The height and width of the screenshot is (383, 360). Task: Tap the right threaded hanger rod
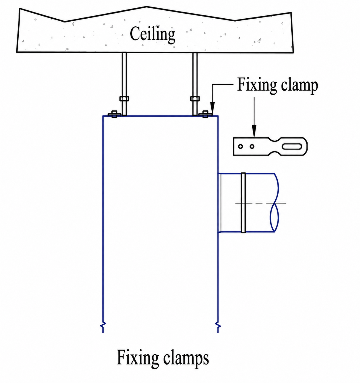(x=195, y=84)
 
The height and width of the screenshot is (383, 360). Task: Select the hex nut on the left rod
(x=124, y=99)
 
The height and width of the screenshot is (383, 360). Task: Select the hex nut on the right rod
(x=195, y=99)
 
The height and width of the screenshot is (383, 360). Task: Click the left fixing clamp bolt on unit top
(x=114, y=114)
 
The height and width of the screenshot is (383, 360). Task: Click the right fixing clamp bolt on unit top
(x=205, y=114)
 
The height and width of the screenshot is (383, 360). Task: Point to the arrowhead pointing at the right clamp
(x=212, y=108)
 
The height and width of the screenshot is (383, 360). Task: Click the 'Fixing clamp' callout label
(x=277, y=85)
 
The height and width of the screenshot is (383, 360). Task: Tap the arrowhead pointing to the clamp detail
(x=254, y=131)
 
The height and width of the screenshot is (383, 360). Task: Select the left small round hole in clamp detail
(x=240, y=147)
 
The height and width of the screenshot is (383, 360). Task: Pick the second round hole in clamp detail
(x=252, y=147)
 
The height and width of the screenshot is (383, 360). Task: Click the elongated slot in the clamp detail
(x=292, y=147)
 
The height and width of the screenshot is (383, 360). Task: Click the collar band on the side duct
(x=243, y=203)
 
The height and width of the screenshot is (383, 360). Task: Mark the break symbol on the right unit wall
(x=218, y=326)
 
